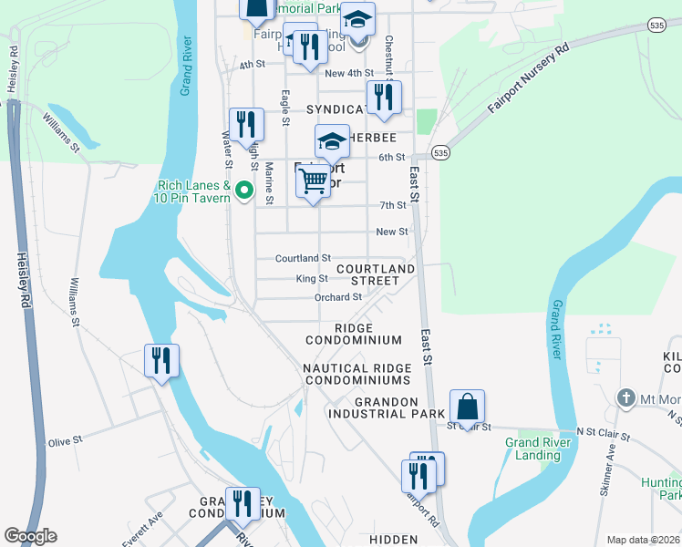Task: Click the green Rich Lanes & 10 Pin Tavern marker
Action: (x=243, y=191)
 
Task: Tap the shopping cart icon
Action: (x=313, y=181)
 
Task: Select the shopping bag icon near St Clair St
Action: (x=467, y=406)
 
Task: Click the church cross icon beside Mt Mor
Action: (x=625, y=397)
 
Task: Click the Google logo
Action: (x=30, y=536)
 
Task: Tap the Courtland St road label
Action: (x=303, y=259)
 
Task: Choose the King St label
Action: (x=311, y=279)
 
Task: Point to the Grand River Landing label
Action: (x=532, y=449)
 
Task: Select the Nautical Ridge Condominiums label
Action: (x=356, y=374)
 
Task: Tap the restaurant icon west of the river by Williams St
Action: (x=161, y=360)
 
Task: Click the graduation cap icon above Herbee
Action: (x=332, y=141)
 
